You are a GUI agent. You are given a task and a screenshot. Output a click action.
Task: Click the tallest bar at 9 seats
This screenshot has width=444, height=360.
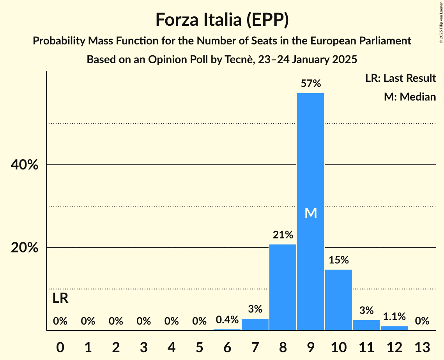click(x=310, y=175)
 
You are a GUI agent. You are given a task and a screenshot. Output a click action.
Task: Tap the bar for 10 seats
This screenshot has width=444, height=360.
click(x=338, y=300)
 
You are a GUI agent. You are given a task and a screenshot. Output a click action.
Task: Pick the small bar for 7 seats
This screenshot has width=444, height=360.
click(x=255, y=325)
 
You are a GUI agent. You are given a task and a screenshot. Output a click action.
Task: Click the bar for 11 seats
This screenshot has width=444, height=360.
click(x=366, y=325)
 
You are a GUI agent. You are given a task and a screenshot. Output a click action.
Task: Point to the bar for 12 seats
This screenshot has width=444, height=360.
click(x=394, y=328)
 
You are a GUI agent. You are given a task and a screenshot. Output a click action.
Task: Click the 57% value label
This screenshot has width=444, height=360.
click(x=310, y=83)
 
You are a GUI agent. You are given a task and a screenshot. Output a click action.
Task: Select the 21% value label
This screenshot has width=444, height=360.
click(x=283, y=235)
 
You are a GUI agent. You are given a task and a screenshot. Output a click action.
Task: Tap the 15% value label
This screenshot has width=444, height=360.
click(x=338, y=260)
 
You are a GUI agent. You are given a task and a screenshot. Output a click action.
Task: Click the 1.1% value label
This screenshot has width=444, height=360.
click(x=394, y=316)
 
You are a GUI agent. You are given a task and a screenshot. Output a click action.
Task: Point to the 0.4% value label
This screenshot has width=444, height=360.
click(x=227, y=320)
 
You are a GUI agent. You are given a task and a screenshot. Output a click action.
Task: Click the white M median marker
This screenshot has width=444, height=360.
click(x=310, y=213)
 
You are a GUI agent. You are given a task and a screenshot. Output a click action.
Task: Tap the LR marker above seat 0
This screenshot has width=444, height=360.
click(x=60, y=298)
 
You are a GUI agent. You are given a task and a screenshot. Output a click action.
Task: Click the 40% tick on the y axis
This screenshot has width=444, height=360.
click(x=24, y=165)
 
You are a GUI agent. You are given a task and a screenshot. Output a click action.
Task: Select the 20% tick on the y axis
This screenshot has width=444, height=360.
click(x=24, y=248)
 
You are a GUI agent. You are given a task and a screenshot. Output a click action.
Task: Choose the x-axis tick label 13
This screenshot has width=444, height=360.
click(x=422, y=347)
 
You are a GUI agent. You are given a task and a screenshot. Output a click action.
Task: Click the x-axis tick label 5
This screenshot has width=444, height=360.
click(x=199, y=347)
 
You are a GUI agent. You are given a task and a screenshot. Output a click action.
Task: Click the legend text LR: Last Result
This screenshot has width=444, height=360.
click(x=400, y=78)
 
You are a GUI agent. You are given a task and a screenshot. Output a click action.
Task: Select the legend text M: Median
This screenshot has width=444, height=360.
click(x=410, y=97)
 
